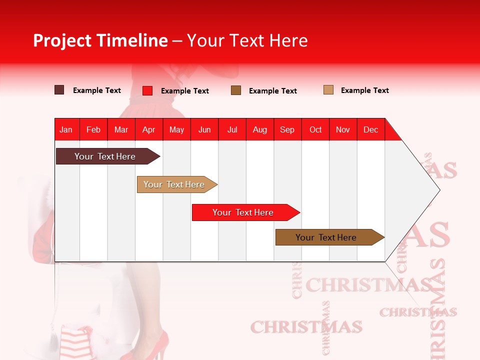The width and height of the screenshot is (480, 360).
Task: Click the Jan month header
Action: [66, 129]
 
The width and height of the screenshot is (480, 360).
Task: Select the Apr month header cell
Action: [148, 129]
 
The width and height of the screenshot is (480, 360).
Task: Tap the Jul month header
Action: [232, 129]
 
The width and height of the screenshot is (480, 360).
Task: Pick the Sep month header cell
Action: [287, 129]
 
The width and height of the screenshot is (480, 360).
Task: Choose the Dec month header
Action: [370, 129]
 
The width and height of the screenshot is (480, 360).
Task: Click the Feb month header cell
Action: [93, 129]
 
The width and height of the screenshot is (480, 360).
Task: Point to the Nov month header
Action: [342, 129]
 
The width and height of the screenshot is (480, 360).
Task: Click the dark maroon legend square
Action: [59, 90]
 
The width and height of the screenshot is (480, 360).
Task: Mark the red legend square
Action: [147, 90]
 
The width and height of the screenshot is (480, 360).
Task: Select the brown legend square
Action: [236, 90]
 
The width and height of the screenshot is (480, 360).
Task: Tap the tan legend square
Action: [328, 90]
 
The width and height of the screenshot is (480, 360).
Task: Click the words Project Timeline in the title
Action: [100, 40]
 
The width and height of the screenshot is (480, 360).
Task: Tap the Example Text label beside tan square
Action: [364, 90]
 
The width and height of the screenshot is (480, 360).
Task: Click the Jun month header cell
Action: [204, 129]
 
